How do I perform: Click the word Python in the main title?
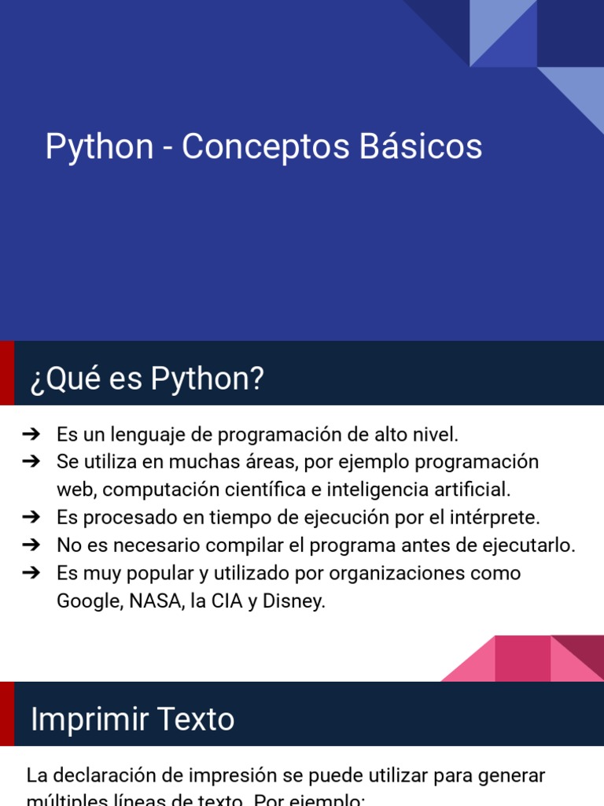point(99,147)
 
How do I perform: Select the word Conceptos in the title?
point(266,147)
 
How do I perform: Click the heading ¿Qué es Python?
point(147,379)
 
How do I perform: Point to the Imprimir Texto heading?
point(132,719)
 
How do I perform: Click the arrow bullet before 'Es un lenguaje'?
point(31,434)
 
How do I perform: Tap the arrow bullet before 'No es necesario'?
point(31,545)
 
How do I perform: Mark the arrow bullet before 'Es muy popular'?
point(31,573)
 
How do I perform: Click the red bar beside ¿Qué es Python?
point(6,373)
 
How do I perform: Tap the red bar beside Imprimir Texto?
point(6,713)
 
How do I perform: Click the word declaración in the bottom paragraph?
point(106,775)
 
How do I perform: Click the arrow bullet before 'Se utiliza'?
point(31,461)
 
